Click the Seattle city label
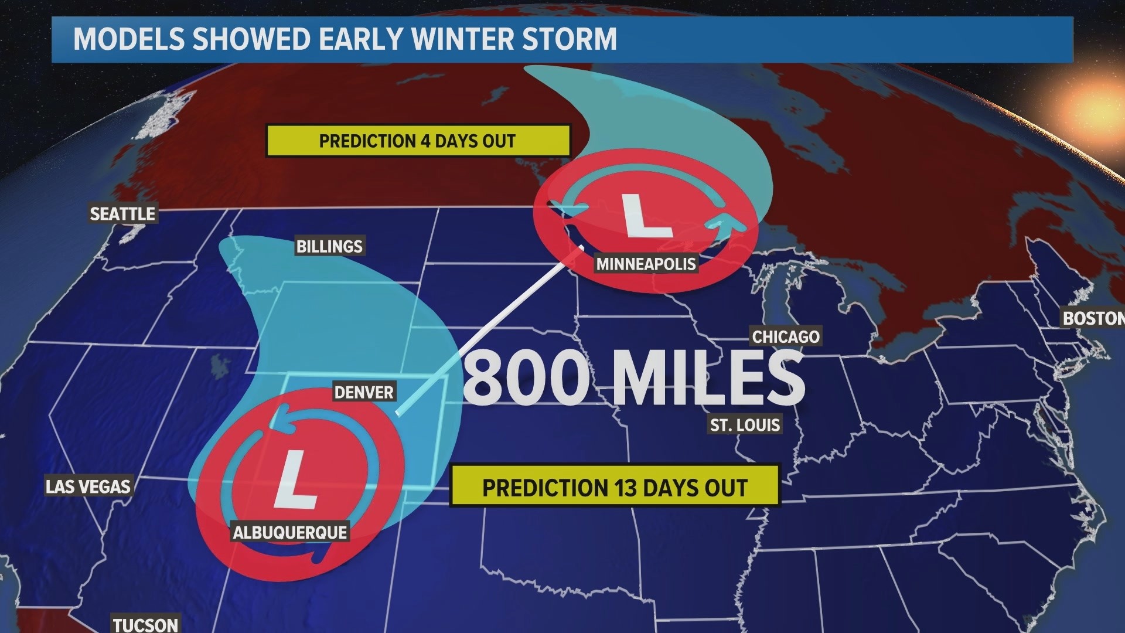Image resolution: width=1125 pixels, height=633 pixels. click(x=122, y=214)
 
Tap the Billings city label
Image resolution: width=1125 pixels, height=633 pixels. click(x=329, y=246)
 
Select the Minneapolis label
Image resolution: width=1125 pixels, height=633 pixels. click(x=646, y=264)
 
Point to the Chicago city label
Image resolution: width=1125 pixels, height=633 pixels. click(x=785, y=336)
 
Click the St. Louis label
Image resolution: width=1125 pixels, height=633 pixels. click(x=745, y=424)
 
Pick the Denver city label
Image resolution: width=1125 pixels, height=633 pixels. click(x=364, y=392)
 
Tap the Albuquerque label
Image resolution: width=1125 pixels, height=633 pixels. click(x=290, y=532)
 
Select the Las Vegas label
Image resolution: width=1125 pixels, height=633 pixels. click(x=88, y=486)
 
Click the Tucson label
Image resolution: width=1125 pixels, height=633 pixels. click(x=145, y=624)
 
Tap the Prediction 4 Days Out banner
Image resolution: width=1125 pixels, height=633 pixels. click(x=417, y=141)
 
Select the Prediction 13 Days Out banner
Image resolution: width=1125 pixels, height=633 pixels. click(x=614, y=488)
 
